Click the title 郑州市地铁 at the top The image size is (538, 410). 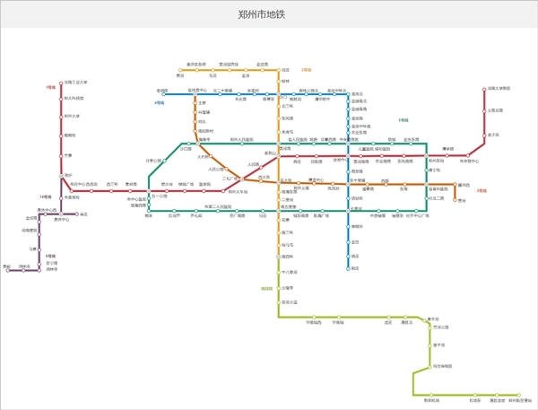tap(269, 15)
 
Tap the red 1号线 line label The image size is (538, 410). tap(50, 88)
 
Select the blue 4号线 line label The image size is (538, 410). tap(160, 104)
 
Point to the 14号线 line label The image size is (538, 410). tap(44, 196)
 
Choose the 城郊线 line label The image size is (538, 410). tap(266, 289)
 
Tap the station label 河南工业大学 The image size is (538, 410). tap(75, 82)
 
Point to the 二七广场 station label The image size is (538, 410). tap(231, 179)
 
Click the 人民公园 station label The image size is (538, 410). tap(216, 169)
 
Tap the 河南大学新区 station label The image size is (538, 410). tap(498, 88)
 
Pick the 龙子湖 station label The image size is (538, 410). tap(493, 135)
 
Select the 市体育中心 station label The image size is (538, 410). tap(470, 161)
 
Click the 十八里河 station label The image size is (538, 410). tap(289, 272)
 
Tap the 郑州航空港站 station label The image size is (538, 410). tap(520, 401)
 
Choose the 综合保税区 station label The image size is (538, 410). tap(443, 366)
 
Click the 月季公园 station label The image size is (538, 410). tap(156, 161)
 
